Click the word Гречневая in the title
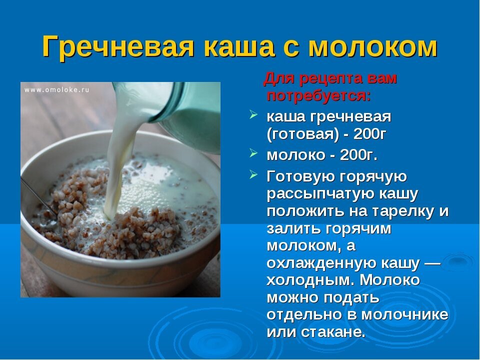pyautogui.click(x=118, y=47)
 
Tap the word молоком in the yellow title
pyautogui.click(x=373, y=47)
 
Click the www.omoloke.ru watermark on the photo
pyautogui.click(x=57, y=89)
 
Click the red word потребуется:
pyautogui.click(x=318, y=96)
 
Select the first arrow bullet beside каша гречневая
pyautogui.click(x=253, y=114)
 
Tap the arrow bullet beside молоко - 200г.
pyautogui.click(x=253, y=152)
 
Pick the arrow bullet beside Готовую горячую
pyautogui.click(x=253, y=174)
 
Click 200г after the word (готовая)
pyautogui.click(x=369, y=134)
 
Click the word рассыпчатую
pyautogui.click(x=321, y=194)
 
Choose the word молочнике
pyautogui.click(x=405, y=315)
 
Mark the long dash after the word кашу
pyautogui.click(x=432, y=264)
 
